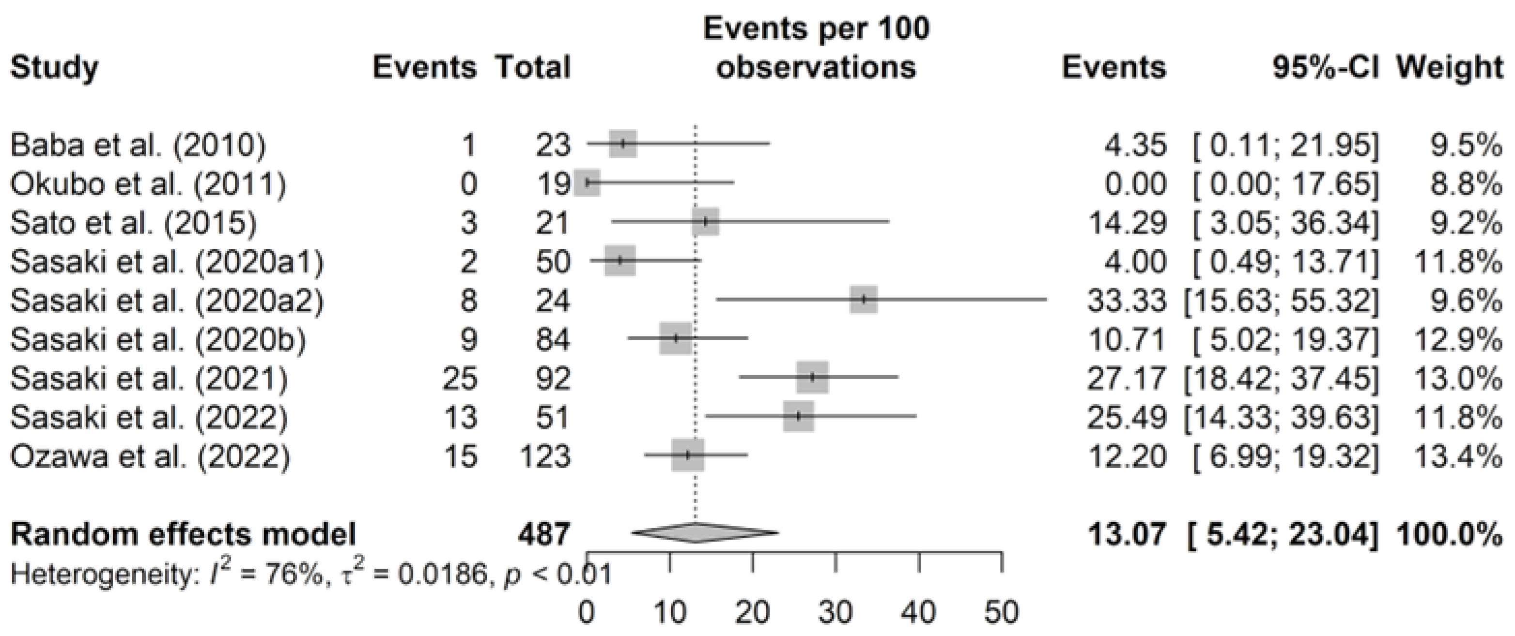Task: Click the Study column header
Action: click(x=54, y=68)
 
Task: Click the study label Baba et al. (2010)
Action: click(x=138, y=145)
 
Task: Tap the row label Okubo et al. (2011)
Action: click(x=148, y=183)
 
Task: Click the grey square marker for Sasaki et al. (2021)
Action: click(x=813, y=378)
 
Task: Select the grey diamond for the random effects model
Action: click(x=705, y=533)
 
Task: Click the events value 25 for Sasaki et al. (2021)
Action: click(x=460, y=378)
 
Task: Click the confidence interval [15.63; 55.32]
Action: click(x=1281, y=301)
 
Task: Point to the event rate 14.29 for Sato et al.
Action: click(x=1127, y=223)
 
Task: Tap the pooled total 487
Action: click(x=544, y=534)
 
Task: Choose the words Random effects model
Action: click(x=184, y=534)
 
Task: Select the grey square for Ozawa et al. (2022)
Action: click(x=688, y=455)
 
